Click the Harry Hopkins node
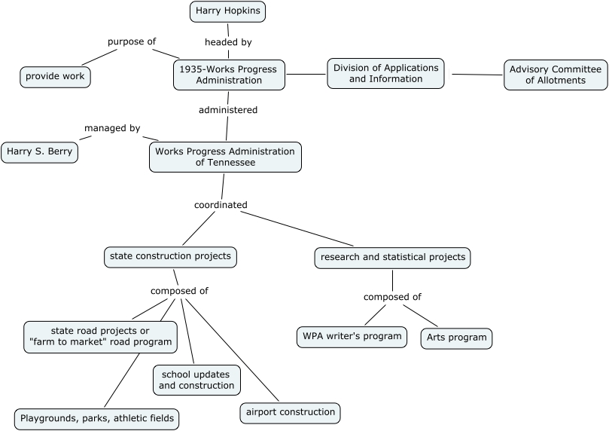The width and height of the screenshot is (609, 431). (227, 11)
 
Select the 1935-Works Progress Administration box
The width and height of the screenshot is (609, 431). (229, 75)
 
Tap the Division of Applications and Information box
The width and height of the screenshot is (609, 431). (385, 74)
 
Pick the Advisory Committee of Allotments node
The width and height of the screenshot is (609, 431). (556, 75)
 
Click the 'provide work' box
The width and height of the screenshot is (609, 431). (56, 77)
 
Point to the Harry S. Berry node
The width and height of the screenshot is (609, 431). (39, 152)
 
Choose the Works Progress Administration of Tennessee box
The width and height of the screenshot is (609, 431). (225, 157)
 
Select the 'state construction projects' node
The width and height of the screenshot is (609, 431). (170, 257)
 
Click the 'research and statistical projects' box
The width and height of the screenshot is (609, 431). (393, 258)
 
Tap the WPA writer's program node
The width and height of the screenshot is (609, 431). (352, 337)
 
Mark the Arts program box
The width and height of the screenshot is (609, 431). (456, 338)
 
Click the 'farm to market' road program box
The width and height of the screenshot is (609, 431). (101, 337)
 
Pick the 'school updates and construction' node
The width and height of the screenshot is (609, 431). (196, 380)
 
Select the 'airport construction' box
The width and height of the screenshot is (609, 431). (290, 413)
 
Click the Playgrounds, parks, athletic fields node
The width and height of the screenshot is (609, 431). (97, 419)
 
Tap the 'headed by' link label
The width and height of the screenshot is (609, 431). (228, 42)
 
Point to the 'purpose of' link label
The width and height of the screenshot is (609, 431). (132, 41)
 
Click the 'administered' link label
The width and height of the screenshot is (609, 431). (228, 110)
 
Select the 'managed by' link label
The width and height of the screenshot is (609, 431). (112, 129)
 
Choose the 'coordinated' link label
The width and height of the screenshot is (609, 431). (221, 205)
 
